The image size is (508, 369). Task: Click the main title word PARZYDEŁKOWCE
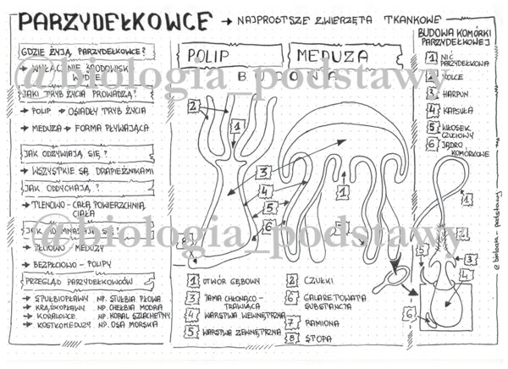[114, 19]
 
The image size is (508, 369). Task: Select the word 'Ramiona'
[323, 322]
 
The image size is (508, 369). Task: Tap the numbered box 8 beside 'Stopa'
[292, 339]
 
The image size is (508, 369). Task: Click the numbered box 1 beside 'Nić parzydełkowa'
[432, 58]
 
